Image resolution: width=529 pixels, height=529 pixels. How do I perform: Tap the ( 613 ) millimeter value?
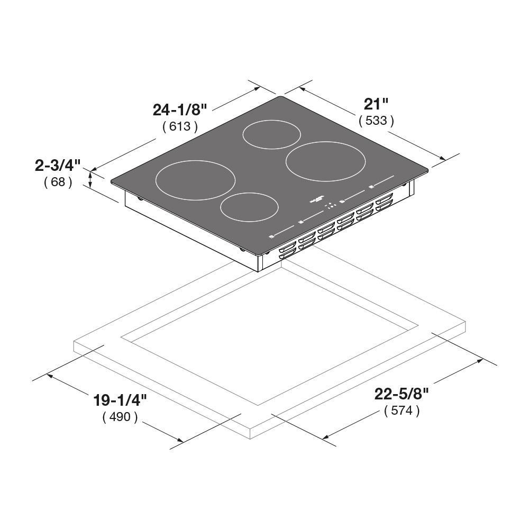[180, 126]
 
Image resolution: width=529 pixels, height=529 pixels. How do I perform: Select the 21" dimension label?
[376, 103]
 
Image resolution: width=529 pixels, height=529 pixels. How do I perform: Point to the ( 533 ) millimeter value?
[376, 121]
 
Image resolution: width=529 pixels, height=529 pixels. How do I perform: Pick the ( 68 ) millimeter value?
[58, 183]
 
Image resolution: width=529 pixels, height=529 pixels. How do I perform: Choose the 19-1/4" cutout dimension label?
[120, 400]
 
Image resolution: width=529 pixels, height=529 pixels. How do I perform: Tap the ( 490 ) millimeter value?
[120, 417]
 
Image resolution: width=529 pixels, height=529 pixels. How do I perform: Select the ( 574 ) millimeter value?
[402, 411]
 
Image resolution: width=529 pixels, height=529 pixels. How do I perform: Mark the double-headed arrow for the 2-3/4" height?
[90, 179]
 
